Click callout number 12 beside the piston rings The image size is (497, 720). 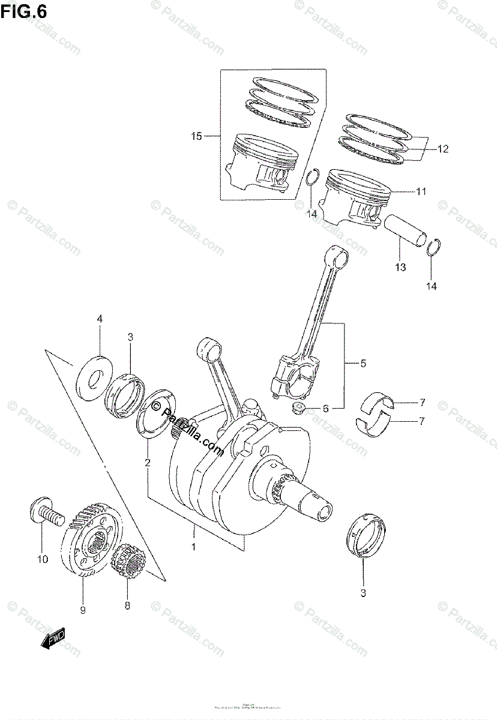click(x=442, y=148)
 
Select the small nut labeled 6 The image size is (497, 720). click(x=296, y=410)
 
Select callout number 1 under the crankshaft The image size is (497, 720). click(x=194, y=546)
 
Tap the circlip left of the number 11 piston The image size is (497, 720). click(x=310, y=178)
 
